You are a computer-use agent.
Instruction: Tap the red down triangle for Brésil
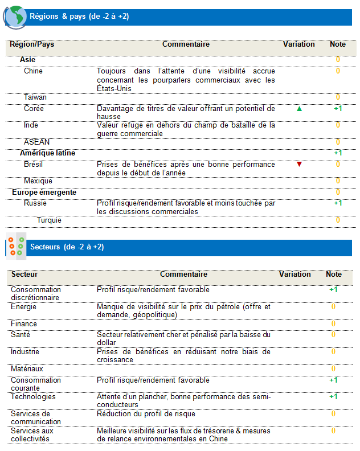click(299, 165)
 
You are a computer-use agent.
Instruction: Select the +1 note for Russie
click(338, 203)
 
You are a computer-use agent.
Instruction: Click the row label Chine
click(33, 71)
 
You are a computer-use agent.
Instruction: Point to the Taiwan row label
click(35, 97)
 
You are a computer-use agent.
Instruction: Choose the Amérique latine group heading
click(47, 153)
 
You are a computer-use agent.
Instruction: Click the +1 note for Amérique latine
click(338, 153)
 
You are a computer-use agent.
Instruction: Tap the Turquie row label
click(49, 220)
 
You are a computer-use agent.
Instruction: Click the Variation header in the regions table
click(298, 44)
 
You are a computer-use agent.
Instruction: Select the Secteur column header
click(24, 274)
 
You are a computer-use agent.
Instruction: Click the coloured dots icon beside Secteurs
click(15, 246)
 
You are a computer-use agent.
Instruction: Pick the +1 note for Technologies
click(333, 396)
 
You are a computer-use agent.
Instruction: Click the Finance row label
click(24, 324)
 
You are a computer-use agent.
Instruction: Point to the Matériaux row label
click(27, 369)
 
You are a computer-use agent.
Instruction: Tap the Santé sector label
click(21, 335)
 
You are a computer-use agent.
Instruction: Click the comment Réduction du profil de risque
click(146, 413)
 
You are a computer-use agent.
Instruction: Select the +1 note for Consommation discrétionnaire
click(333, 290)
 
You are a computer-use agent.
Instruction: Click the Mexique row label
click(38, 181)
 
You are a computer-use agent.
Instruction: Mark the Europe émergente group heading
click(44, 192)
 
